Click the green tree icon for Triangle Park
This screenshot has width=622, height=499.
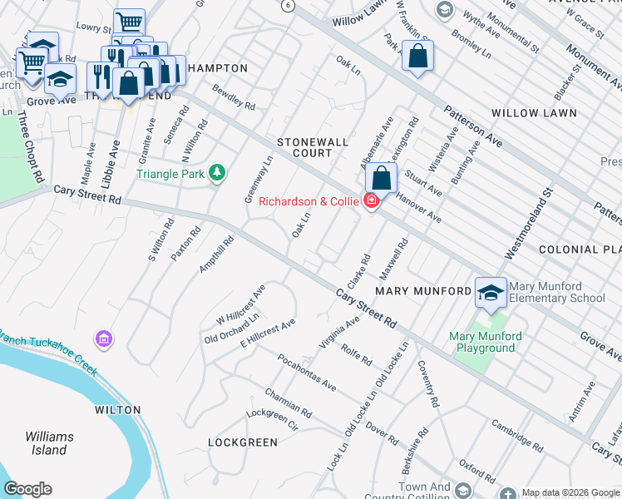click(x=217, y=172)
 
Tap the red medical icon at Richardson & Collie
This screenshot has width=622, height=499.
click(x=370, y=200)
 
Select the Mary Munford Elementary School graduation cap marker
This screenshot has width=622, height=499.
click(x=491, y=292)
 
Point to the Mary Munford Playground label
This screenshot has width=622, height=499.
click(x=486, y=342)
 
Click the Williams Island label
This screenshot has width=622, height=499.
click(x=49, y=443)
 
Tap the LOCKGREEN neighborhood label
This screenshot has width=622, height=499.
click(x=243, y=442)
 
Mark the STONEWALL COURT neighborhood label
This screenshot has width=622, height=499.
click(x=313, y=148)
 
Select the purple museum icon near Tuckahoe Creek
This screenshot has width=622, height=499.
click(x=103, y=338)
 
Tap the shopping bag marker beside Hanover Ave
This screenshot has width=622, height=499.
click(x=381, y=178)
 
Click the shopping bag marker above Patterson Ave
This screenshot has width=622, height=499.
click(x=418, y=57)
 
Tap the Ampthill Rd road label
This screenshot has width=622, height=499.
click(x=217, y=254)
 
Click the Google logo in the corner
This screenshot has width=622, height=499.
click(x=27, y=489)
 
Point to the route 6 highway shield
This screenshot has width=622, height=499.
click(x=287, y=5)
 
